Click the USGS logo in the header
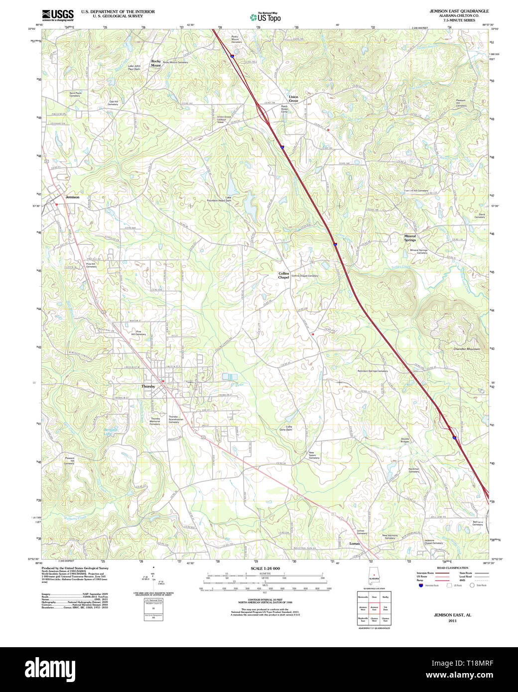58,14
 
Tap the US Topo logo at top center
265,17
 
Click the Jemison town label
72,197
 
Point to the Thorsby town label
148,386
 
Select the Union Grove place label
293,99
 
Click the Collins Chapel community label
283,275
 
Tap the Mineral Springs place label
410,238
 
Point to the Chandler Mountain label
467,349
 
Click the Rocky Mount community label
156,63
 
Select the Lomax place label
354,544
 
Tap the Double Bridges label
405,440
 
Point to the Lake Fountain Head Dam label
219,199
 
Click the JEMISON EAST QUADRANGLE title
459,11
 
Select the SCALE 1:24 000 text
265,568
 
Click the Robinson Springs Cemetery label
372,371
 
